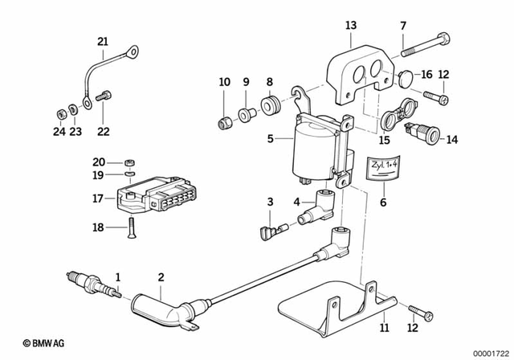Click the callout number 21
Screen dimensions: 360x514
[102, 42]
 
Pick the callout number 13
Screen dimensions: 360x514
[350, 26]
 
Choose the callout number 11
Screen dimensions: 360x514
[384, 328]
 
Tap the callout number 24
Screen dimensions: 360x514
[58, 132]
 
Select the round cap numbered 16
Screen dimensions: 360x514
[406, 76]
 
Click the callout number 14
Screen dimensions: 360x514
[452, 139]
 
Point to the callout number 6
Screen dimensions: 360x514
[383, 202]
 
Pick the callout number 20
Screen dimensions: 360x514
[98, 161]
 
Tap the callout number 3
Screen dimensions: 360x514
[271, 201]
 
